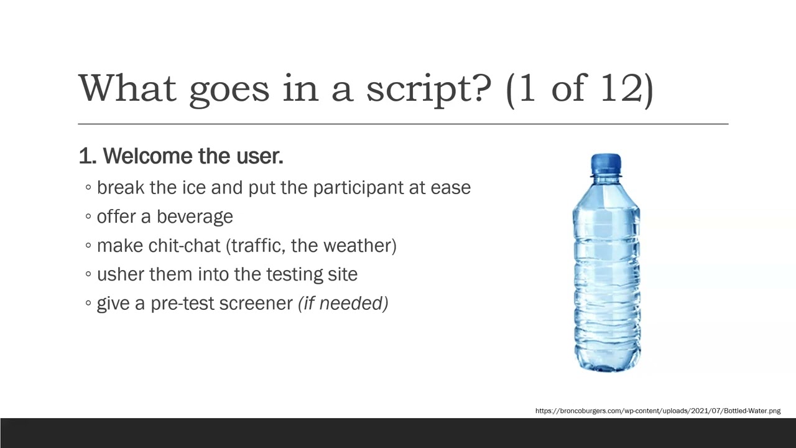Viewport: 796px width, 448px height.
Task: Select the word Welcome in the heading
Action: [x=148, y=156]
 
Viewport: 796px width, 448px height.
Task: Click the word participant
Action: [x=358, y=189]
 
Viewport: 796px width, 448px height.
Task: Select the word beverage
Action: [x=195, y=217]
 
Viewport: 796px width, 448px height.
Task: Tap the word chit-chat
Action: [x=184, y=246]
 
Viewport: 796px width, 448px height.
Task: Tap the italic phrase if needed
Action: [x=343, y=304]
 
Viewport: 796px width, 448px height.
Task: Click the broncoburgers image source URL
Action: [x=657, y=411]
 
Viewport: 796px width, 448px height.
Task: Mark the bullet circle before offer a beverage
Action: [x=88, y=217]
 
